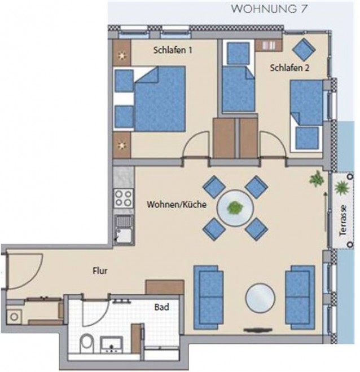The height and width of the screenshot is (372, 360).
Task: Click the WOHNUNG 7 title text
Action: click(269, 9)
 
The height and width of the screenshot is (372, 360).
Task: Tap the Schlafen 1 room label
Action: click(173, 50)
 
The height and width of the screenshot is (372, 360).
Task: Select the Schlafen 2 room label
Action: click(289, 68)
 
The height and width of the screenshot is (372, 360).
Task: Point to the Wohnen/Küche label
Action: click(177, 205)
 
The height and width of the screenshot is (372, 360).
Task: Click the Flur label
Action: click(100, 271)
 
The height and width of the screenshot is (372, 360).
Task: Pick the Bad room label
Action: click(162, 307)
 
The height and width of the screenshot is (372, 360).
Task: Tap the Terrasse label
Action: click(343, 220)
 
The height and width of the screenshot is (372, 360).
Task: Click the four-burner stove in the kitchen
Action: click(123, 198)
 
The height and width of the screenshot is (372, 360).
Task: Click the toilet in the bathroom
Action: click(87, 343)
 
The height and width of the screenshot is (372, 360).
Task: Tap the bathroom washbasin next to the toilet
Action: click(111, 345)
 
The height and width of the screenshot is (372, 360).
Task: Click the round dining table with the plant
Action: click(235, 208)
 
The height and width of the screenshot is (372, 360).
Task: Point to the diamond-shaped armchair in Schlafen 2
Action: click(304, 50)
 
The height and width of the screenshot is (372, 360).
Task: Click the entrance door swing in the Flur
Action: click(24, 271)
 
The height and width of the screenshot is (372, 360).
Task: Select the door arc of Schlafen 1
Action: click(196, 145)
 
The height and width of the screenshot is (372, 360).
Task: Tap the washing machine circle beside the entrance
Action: click(14, 317)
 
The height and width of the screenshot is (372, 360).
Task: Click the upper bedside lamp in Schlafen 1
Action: click(122, 55)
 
